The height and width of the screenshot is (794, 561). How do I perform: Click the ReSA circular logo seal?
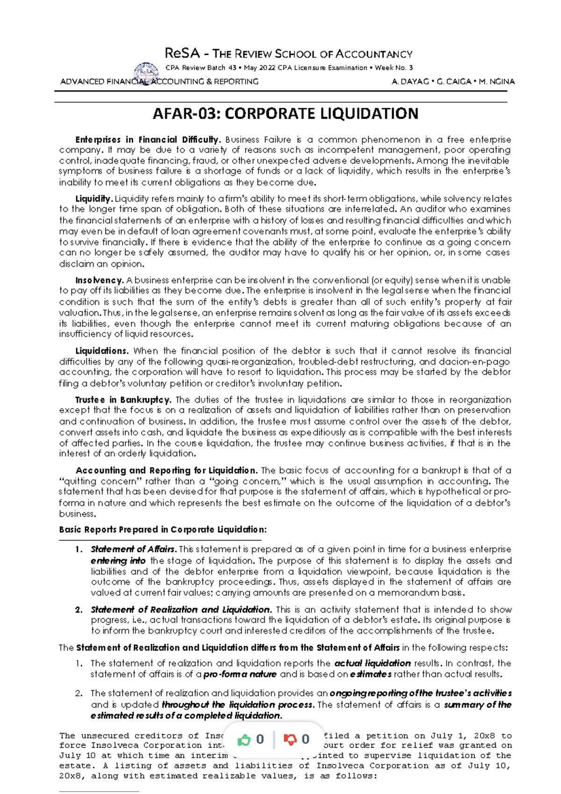(x=146, y=73)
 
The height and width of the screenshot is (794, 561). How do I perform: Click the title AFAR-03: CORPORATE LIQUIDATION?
(x=286, y=114)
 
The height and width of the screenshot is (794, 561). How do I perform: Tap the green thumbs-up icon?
(x=244, y=740)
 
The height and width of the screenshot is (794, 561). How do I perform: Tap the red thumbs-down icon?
(x=290, y=740)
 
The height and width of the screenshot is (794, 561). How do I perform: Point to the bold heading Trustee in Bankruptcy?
(x=123, y=400)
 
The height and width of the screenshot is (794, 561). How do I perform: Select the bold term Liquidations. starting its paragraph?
(x=102, y=351)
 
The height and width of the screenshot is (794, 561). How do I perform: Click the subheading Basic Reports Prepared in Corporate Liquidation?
(x=163, y=529)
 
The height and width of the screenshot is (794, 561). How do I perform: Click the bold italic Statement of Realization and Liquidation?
(x=181, y=609)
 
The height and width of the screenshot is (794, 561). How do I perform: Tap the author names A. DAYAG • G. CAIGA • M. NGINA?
(x=453, y=81)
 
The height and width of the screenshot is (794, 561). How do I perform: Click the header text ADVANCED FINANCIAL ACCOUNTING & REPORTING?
(x=159, y=82)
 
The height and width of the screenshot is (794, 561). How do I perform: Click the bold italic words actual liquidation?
(x=373, y=663)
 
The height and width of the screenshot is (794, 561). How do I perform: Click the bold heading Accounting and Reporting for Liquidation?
(x=166, y=470)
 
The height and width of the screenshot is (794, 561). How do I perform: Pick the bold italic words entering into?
(x=118, y=560)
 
